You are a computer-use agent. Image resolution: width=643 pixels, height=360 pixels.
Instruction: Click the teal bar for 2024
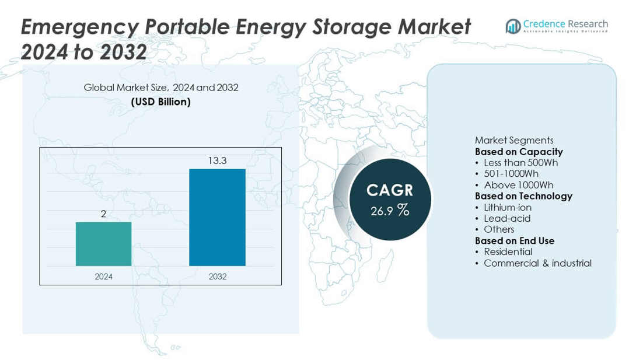(x=103, y=244)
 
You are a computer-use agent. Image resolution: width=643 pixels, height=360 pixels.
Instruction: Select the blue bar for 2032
(x=217, y=217)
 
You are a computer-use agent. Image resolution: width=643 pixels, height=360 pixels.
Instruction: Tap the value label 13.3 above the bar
(x=217, y=160)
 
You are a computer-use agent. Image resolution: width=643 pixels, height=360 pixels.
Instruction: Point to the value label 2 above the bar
(x=103, y=214)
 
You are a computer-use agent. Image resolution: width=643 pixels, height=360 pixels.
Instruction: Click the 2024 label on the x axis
(x=103, y=277)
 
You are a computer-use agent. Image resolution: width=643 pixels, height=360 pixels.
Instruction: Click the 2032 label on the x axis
(x=217, y=277)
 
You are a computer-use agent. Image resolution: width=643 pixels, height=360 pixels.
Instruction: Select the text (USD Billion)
(x=161, y=102)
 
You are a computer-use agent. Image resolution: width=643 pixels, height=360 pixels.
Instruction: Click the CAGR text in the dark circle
(x=390, y=190)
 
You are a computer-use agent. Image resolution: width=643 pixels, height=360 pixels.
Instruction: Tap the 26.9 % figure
(x=390, y=211)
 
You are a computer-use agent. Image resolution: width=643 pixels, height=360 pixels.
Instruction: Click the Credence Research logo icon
(x=513, y=26)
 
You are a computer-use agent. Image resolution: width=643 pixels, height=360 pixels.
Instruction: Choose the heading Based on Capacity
(x=519, y=152)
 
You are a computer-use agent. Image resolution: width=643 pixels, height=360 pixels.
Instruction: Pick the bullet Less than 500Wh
(x=520, y=163)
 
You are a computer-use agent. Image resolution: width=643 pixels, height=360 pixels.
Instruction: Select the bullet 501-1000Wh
(x=511, y=174)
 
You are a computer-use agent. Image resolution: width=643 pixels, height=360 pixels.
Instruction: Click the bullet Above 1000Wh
(x=518, y=185)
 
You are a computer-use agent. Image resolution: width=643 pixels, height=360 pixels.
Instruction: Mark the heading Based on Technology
(x=523, y=196)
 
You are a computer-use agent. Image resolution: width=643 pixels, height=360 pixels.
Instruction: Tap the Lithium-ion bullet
(x=507, y=207)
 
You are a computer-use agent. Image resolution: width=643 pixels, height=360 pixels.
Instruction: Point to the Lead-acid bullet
(x=506, y=218)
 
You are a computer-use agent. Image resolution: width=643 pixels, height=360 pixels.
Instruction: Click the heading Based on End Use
(x=515, y=240)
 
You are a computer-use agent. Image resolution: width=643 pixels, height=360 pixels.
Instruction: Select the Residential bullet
(x=508, y=251)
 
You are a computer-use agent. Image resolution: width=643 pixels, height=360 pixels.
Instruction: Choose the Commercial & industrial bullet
(x=537, y=263)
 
